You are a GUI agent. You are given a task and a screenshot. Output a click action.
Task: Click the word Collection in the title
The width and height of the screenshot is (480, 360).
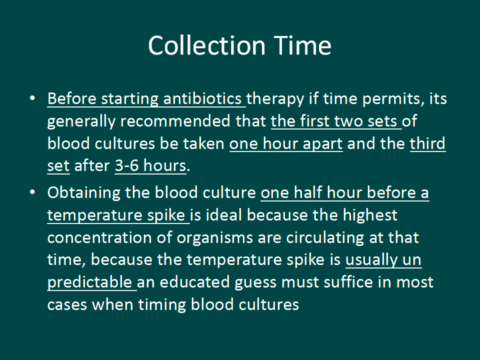(x=206, y=45)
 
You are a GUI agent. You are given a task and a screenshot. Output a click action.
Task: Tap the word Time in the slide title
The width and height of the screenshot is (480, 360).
(x=302, y=45)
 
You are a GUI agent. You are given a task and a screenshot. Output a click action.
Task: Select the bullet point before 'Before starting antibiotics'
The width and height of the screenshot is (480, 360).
(x=32, y=98)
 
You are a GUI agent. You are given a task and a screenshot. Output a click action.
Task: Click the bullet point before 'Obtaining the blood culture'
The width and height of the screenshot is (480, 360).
(x=32, y=192)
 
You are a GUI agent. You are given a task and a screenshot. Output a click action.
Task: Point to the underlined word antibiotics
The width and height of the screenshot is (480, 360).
(x=202, y=98)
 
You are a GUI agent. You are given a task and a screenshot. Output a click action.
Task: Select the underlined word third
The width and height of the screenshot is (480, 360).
(x=427, y=143)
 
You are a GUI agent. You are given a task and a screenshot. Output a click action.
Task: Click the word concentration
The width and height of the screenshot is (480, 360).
(x=100, y=237)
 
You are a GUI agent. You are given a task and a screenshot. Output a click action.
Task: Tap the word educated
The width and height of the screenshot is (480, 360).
(x=194, y=282)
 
